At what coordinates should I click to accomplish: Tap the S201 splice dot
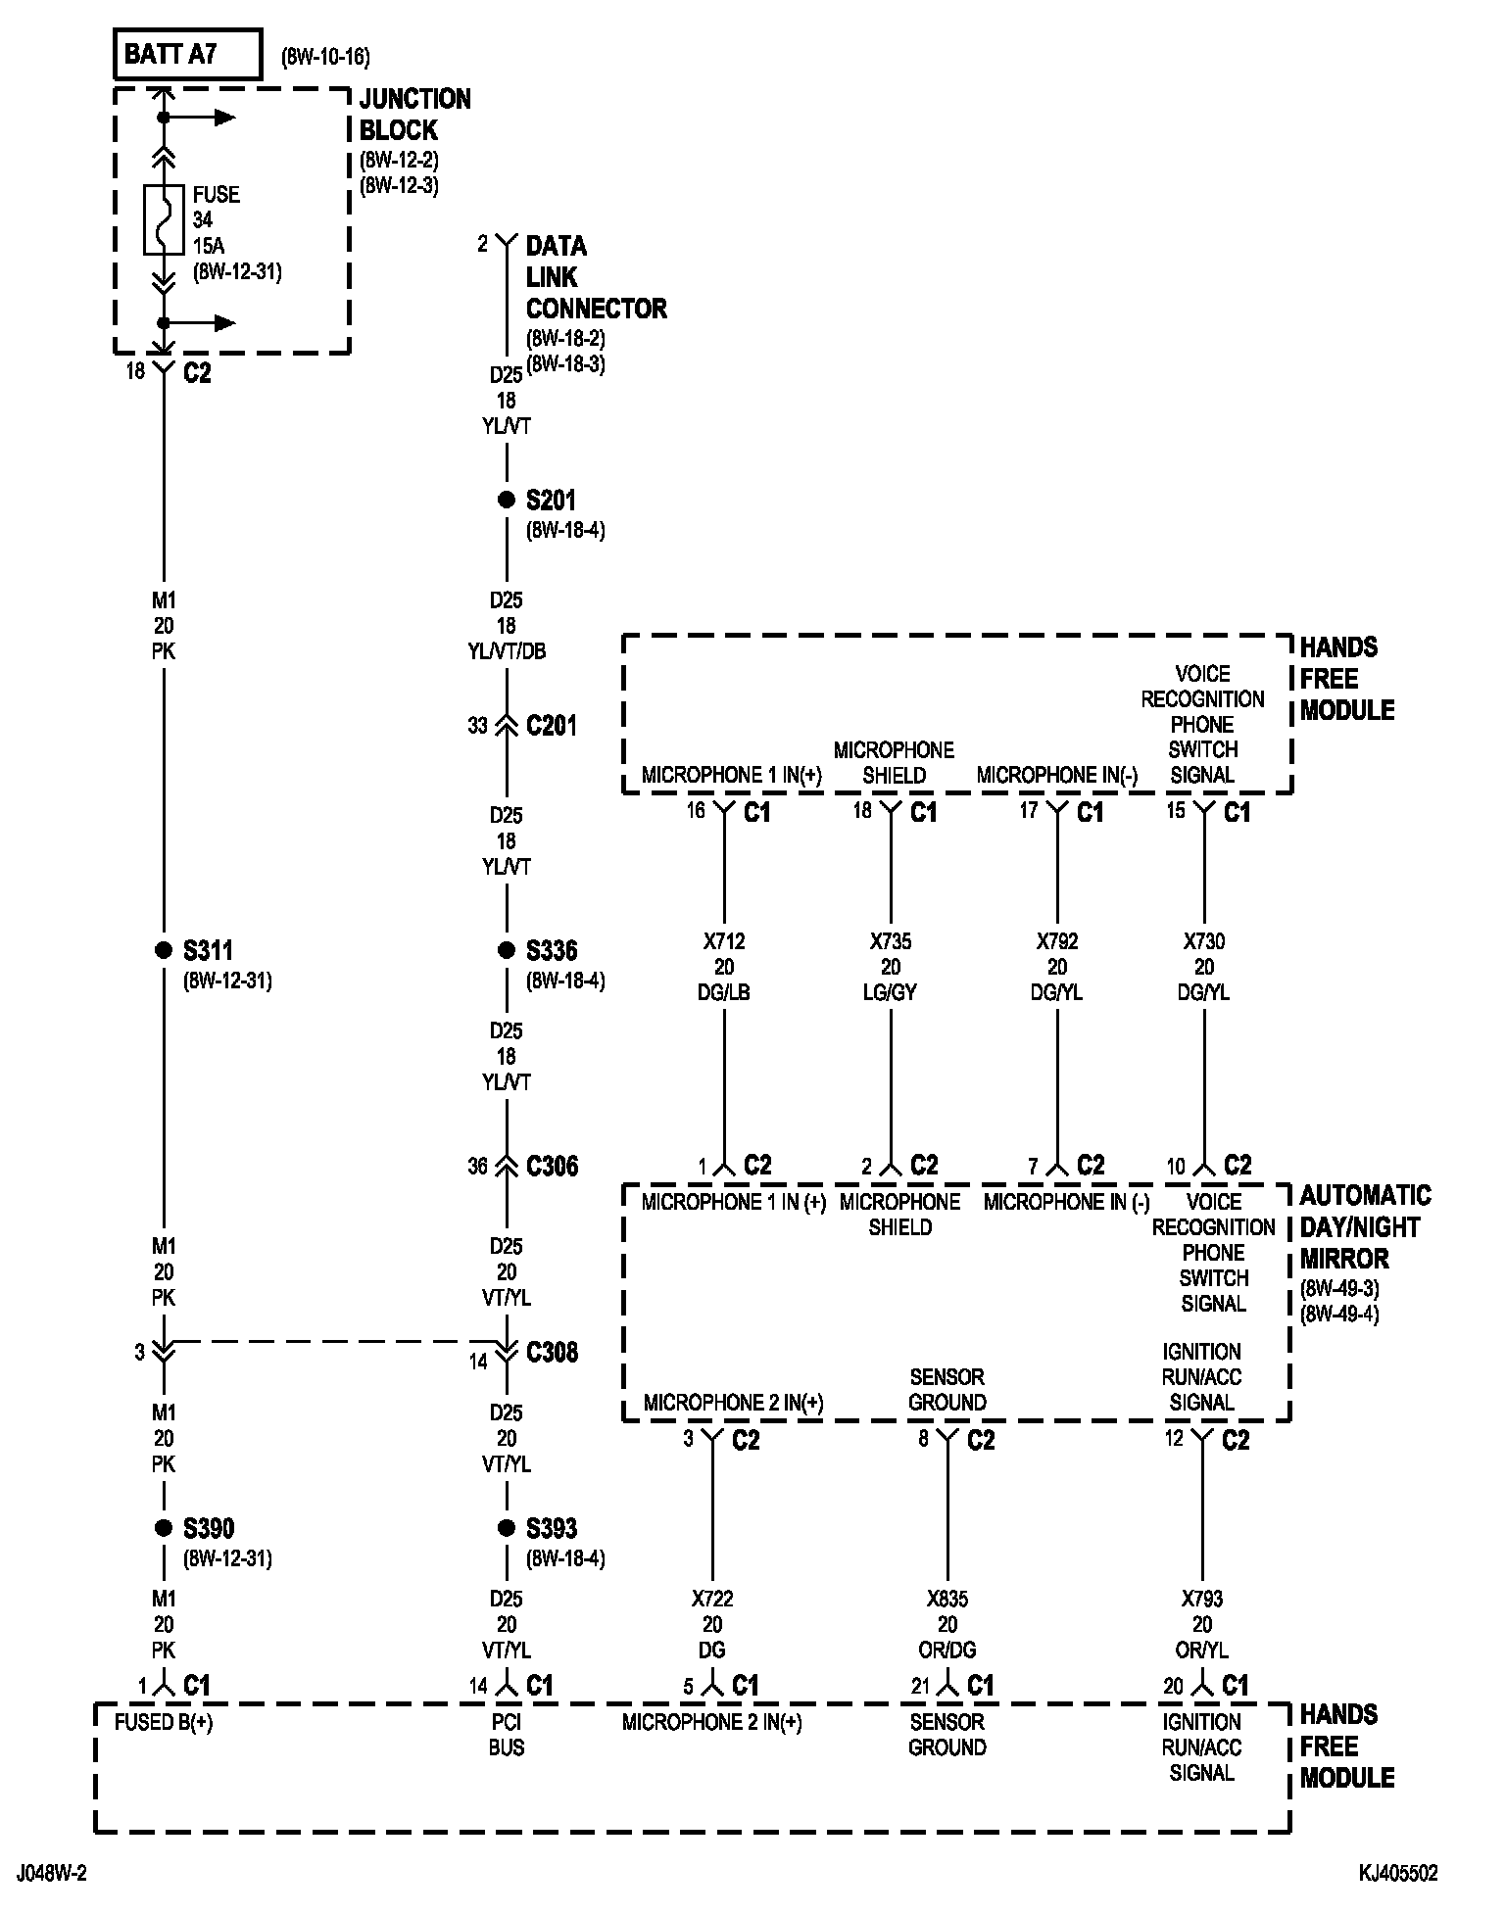507,501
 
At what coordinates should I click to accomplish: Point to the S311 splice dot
164,950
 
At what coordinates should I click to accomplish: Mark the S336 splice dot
507,950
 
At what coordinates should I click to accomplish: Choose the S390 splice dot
164,1528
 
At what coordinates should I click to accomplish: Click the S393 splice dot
507,1528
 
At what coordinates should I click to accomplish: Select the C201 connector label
552,726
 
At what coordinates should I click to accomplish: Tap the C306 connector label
552,1167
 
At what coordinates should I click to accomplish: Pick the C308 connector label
552,1353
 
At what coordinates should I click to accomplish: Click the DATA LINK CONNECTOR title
596,277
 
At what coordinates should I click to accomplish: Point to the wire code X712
724,941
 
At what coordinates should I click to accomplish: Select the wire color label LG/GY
891,992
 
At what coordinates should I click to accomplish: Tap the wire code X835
947,1600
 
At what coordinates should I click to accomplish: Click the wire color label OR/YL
1202,1651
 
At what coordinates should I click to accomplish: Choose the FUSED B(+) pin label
164,1722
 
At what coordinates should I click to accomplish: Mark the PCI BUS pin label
507,1735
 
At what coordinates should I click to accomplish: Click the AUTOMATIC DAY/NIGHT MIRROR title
1364,1227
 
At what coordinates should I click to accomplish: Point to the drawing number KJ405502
1397,1874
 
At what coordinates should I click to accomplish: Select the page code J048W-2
51,1874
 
